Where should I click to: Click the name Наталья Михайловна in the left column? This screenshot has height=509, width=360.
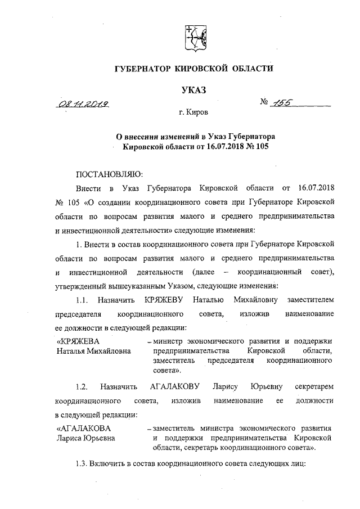[x=93, y=351]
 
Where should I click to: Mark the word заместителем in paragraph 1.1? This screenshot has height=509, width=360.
[x=311, y=301]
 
